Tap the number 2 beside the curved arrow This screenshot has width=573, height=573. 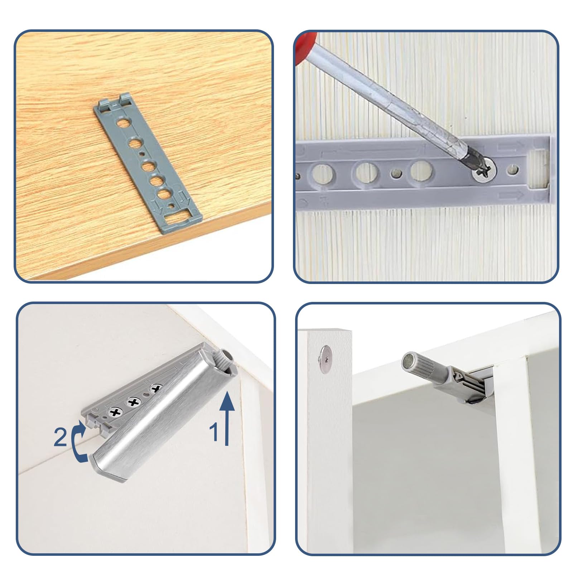pos(60,437)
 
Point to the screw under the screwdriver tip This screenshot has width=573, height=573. pos(483,172)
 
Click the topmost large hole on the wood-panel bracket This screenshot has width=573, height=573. pos(123,124)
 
